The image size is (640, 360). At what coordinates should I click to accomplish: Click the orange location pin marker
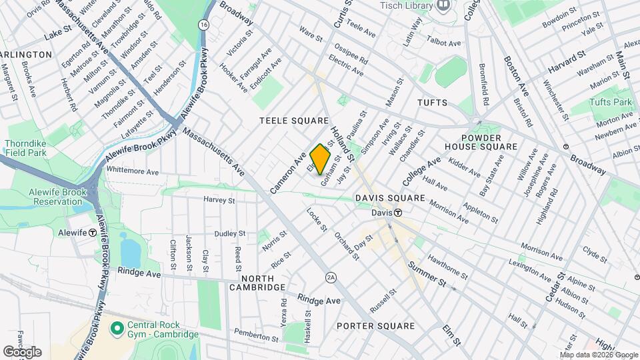pyautogui.click(x=321, y=158)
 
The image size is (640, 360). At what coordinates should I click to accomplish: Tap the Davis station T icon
pyautogui.click(x=397, y=213)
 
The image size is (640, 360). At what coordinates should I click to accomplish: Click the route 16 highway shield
pyautogui.click(x=201, y=24)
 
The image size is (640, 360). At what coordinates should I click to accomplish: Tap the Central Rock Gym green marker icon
pyautogui.click(x=117, y=328)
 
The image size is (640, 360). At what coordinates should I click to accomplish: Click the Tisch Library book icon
pyautogui.click(x=443, y=6)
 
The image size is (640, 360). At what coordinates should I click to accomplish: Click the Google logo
pyautogui.click(x=22, y=351)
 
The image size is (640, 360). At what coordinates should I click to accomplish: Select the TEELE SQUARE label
pyautogui.click(x=294, y=121)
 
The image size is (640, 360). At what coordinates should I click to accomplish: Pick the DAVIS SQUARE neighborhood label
pyautogui.click(x=390, y=198)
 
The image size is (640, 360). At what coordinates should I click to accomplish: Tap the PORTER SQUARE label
pyautogui.click(x=375, y=326)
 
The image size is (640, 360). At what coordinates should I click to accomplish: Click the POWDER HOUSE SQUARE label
pyautogui.click(x=481, y=141)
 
